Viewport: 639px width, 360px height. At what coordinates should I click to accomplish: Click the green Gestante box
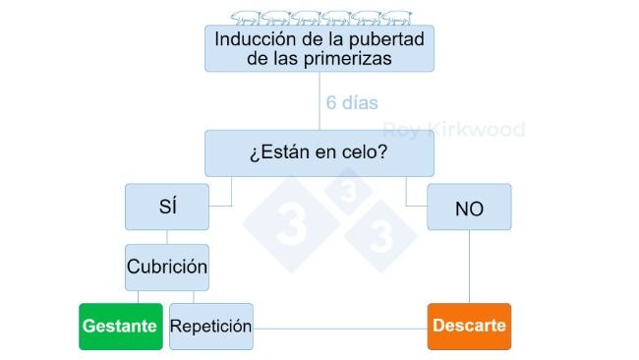point(120,326)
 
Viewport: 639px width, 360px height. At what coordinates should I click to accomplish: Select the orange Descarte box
point(469,326)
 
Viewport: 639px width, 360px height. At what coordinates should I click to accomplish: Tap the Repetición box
point(210,326)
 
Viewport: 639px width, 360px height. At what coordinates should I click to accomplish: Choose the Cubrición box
point(167,268)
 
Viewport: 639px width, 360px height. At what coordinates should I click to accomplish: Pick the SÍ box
point(167,207)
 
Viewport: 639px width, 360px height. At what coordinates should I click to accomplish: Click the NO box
point(469,207)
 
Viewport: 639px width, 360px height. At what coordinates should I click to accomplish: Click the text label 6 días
point(352,102)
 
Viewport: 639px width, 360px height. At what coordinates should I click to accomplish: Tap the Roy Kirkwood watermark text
point(453,129)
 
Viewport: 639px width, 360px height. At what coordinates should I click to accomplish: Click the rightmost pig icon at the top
point(396,17)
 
